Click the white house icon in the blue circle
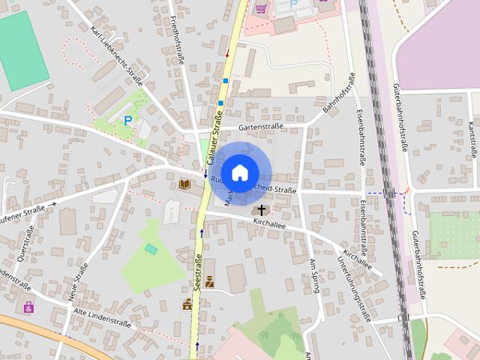tap(239, 172)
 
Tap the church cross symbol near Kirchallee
tap(262, 210)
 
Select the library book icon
tap(185, 184)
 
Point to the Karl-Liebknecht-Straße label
tap(117, 53)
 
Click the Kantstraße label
tap(472, 142)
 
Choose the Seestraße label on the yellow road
tap(198, 271)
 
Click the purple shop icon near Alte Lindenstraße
tap(28, 307)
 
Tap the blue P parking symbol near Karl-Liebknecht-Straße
tap(127, 119)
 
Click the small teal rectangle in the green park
tap(151, 248)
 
